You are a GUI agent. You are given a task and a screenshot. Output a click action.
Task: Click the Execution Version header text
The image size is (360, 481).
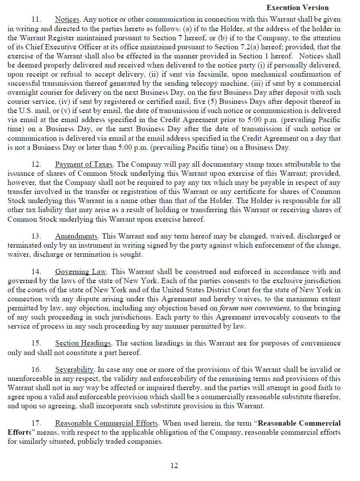click(x=297, y=7)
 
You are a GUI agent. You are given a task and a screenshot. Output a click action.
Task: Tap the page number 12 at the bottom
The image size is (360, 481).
click(x=174, y=465)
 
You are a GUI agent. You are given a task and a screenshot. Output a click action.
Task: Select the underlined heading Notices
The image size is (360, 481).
click(x=67, y=19)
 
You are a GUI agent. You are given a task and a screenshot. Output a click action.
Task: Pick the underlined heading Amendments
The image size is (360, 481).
click(x=76, y=236)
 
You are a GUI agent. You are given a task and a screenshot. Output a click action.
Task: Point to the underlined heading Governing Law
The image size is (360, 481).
click(x=80, y=272)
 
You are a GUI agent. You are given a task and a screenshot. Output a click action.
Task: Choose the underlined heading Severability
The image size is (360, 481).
click(x=74, y=369)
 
